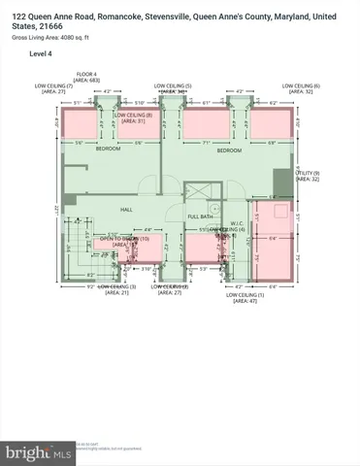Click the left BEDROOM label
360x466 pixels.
[108, 150]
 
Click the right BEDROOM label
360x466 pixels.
[229, 150]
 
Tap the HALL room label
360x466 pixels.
[126, 209]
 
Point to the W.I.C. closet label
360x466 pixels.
[237, 223]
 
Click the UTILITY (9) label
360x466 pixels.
[309, 173]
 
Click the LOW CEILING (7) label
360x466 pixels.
[54, 85]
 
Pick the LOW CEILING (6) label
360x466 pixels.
[303, 85]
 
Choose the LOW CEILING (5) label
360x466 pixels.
[175, 85]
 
